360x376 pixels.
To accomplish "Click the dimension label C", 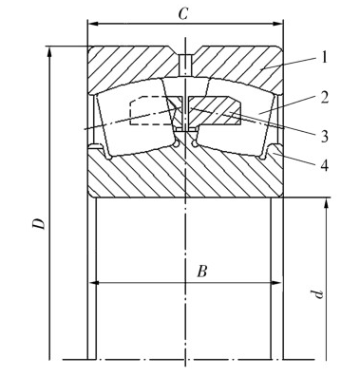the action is coord(183,13).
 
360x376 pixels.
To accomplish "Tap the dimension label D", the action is coord(40,223).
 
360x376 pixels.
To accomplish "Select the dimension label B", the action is coord(202,272).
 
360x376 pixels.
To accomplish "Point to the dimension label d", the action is coord(317,294).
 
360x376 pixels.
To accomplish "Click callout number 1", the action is coord(323,58).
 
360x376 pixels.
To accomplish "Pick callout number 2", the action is coord(324,98).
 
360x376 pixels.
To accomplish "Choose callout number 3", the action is coord(324,137).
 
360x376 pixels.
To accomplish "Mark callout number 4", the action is coord(325,165).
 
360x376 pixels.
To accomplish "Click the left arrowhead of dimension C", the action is coord(92,24).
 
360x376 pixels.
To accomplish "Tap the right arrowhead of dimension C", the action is coord(277,24).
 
